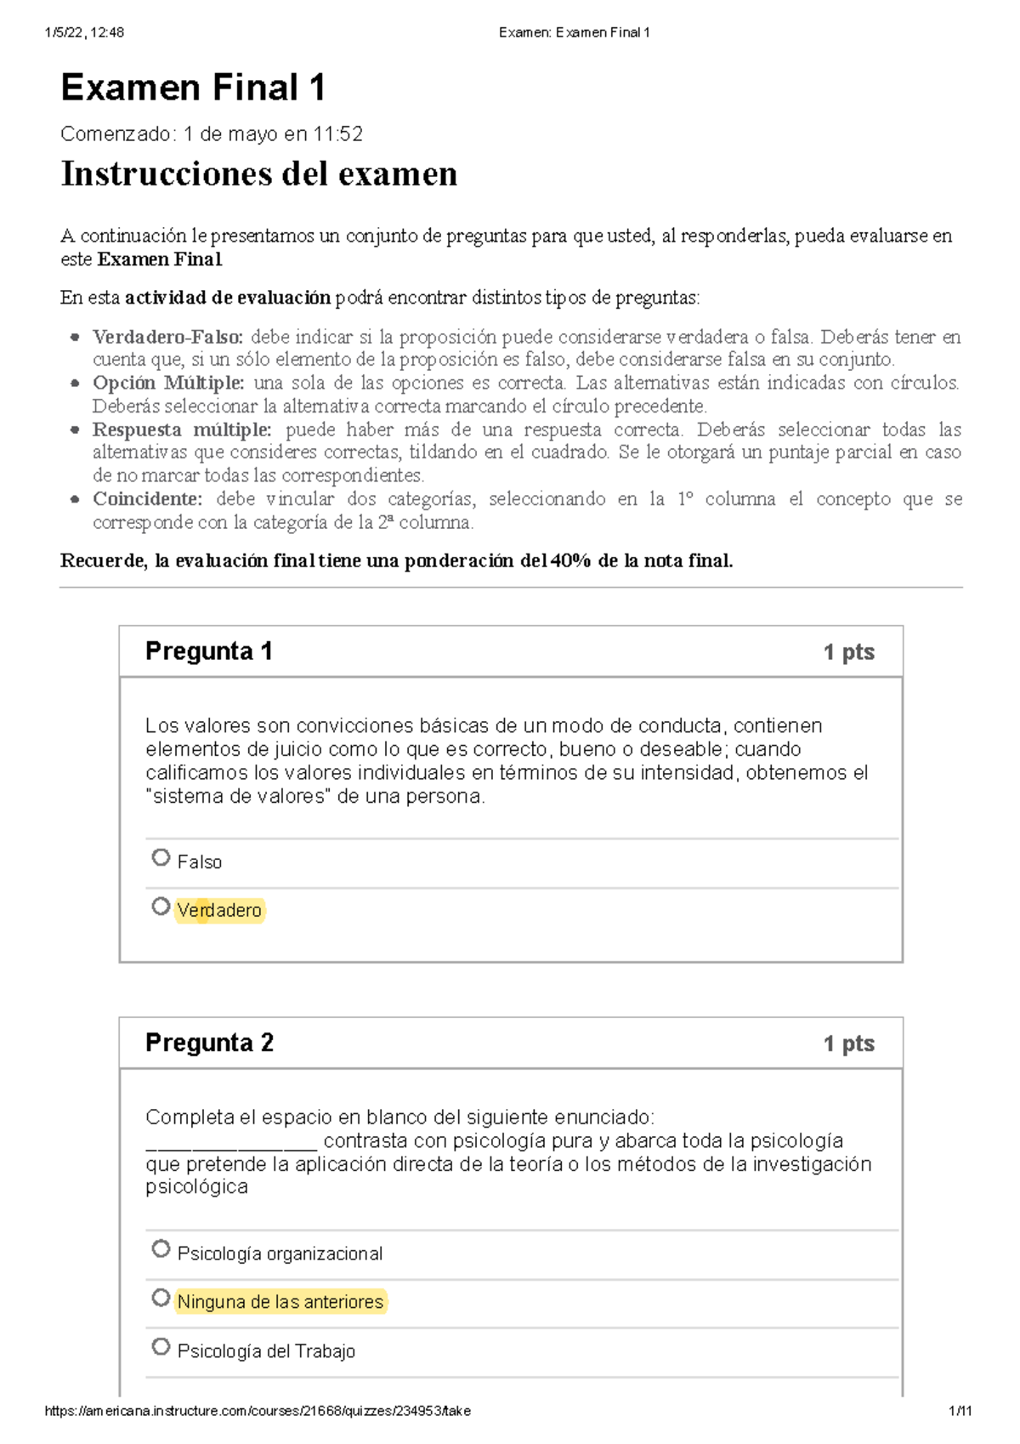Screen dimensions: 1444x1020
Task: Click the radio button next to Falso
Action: click(161, 857)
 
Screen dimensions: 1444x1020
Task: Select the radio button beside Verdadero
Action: click(161, 907)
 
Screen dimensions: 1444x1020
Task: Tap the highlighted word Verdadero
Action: click(219, 911)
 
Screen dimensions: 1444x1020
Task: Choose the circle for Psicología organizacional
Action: click(161, 1249)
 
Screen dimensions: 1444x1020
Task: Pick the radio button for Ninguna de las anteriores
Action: click(161, 1298)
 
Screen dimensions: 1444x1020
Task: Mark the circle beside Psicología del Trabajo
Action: click(161, 1347)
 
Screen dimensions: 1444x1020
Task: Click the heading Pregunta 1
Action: click(208, 651)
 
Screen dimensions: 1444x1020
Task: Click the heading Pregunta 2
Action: click(209, 1043)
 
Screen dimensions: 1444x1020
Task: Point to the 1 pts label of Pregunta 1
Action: click(848, 652)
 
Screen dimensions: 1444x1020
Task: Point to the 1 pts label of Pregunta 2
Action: click(848, 1043)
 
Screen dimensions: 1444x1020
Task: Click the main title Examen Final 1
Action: click(193, 88)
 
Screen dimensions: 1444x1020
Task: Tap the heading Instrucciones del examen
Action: click(258, 174)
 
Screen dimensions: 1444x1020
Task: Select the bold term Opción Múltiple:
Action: click(168, 383)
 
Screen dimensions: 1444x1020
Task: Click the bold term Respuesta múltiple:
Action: click(182, 429)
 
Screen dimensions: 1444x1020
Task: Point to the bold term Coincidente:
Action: click(147, 499)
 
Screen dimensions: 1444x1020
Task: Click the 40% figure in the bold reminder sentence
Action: click(570, 561)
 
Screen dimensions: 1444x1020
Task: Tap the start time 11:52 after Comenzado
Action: click(337, 134)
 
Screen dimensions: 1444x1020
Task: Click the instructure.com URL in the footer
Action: click(257, 1411)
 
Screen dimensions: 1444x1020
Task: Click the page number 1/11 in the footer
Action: click(960, 1411)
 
